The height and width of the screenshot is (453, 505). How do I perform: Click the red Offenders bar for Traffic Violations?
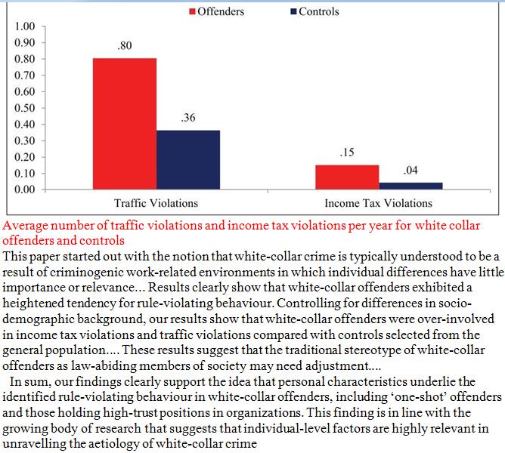(125, 124)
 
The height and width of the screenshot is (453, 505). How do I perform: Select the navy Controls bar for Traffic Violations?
(188, 159)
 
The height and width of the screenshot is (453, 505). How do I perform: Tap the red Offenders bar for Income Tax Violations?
(347, 177)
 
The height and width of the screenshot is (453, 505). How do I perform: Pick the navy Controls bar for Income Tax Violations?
(411, 186)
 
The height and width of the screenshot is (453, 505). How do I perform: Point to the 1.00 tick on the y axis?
(24, 27)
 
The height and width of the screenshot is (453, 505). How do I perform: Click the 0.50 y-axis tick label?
(24, 108)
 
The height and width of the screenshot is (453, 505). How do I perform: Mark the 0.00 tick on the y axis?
(24, 189)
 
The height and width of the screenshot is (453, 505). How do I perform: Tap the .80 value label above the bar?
(125, 47)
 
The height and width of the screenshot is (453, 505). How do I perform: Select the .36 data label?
(188, 119)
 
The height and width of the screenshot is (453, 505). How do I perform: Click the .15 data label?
(347, 153)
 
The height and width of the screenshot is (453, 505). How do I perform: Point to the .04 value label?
(411, 171)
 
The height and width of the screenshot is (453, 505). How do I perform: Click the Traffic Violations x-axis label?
(156, 203)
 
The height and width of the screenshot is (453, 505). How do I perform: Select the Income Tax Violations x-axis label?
(378, 203)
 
